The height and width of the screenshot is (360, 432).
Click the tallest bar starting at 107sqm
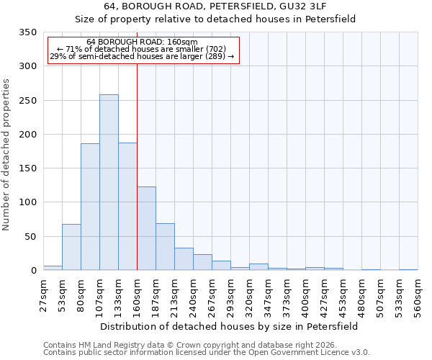click(x=109, y=182)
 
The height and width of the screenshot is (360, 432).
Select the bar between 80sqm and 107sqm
click(x=90, y=207)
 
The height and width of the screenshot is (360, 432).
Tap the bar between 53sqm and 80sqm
click(x=71, y=247)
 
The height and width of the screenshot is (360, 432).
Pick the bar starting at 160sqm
click(x=146, y=228)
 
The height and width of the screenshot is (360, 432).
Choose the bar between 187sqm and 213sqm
click(x=165, y=247)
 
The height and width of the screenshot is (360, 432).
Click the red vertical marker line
click(x=137, y=166)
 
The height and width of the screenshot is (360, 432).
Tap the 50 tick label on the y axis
click(x=30, y=236)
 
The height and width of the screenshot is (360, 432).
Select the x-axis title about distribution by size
click(x=229, y=326)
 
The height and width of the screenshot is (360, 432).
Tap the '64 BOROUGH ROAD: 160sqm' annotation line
click(x=142, y=42)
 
